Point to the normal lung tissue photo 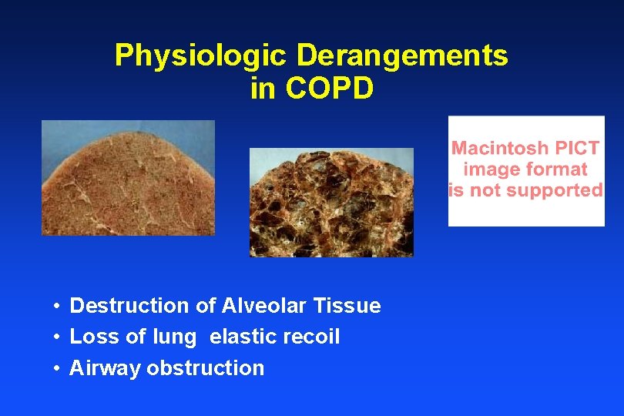point(128,178)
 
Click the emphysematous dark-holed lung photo point(331,202)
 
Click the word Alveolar point(265,306)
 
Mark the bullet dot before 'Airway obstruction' point(58,368)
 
